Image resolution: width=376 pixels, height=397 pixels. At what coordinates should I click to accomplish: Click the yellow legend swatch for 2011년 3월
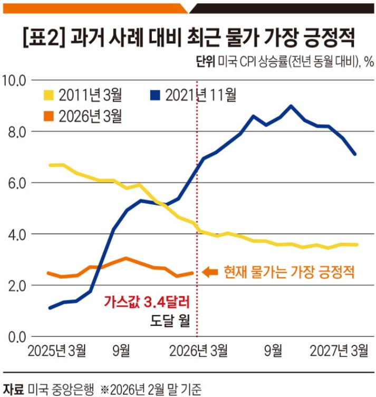49,96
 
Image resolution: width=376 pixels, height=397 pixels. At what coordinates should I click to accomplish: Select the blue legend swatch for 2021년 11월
155,96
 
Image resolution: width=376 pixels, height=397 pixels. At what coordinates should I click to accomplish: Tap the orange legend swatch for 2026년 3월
49,116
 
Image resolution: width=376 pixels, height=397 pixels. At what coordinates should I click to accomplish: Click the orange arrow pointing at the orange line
210,272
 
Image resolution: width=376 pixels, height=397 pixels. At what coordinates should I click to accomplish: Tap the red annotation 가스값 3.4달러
146,303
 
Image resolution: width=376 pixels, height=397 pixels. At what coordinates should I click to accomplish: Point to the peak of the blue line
291,106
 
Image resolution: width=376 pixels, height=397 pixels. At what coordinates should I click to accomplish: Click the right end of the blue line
356,154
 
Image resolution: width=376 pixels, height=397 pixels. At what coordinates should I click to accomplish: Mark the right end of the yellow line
358,244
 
